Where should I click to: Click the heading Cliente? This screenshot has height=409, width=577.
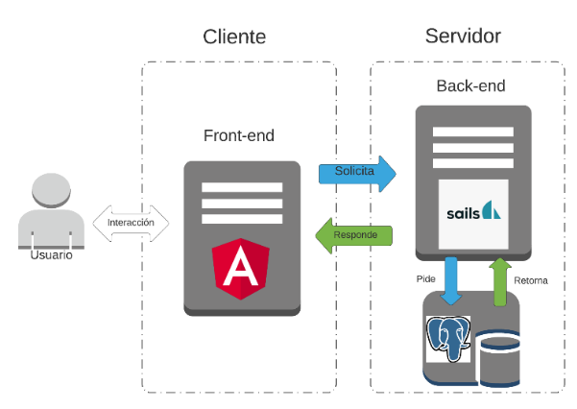[x=234, y=37]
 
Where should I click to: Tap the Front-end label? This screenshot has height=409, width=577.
[x=240, y=135]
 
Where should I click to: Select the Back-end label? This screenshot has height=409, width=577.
[x=471, y=86]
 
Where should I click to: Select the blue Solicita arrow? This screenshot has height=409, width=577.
[x=357, y=172]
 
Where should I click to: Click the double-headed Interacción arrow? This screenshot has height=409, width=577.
[x=131, y=223]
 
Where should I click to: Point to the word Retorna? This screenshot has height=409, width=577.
[x=531, y=280]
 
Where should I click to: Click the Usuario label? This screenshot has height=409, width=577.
[x=51, y=255]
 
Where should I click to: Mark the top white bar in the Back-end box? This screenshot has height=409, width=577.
[x=471, y=130]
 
